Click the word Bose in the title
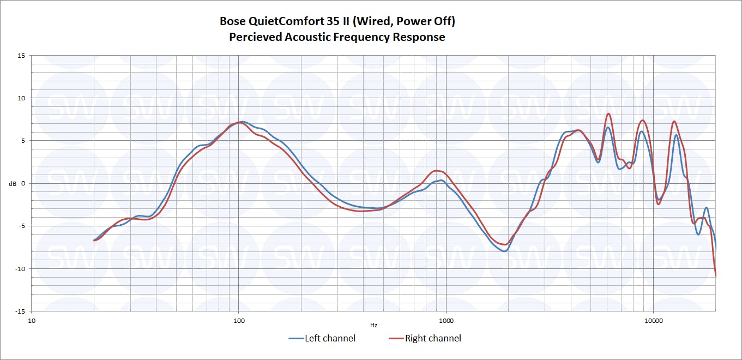(233, 21)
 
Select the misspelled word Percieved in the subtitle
(254, 37)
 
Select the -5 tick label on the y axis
(21, 226)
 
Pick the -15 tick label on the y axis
(20, 311)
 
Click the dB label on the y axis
(13, 184)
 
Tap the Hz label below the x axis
(373, 325)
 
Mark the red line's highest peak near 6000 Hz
(608, 113)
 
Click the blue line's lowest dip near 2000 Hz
(505, 251)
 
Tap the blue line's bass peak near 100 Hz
(242, 122)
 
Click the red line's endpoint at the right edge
(715, 277)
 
